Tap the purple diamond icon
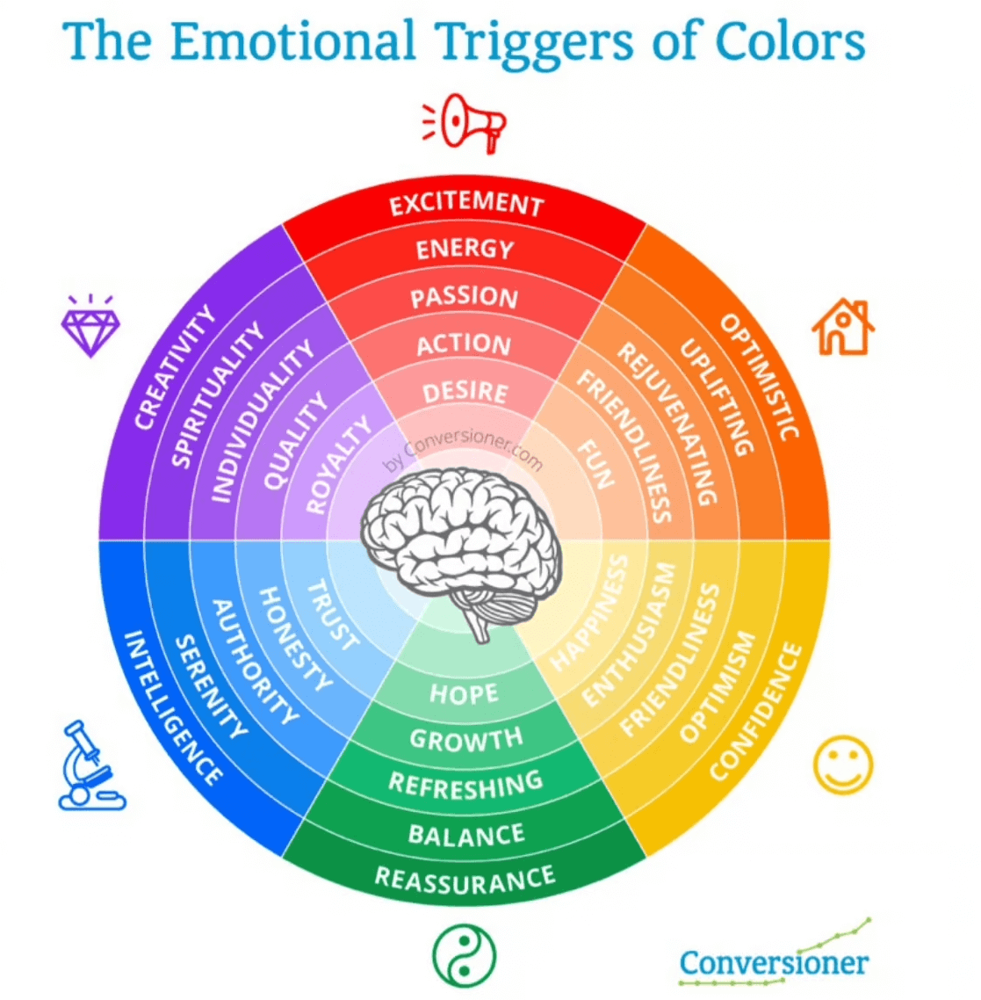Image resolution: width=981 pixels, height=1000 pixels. tap(90, 325)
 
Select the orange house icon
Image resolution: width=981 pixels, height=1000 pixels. tap(843, 327)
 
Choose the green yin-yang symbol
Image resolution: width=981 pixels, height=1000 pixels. tap(464, 955)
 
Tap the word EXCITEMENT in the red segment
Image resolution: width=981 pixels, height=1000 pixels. tap(466, 204)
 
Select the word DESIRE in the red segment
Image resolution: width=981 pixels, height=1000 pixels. tap(465, 392)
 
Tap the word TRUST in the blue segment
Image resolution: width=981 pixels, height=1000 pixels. tap(333, 616)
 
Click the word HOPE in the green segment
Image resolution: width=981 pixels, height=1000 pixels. tap(464, 694)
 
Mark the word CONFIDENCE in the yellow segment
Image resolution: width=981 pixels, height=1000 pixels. tap(756, 712)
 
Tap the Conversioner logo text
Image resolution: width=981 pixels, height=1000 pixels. tap(774, 963)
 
